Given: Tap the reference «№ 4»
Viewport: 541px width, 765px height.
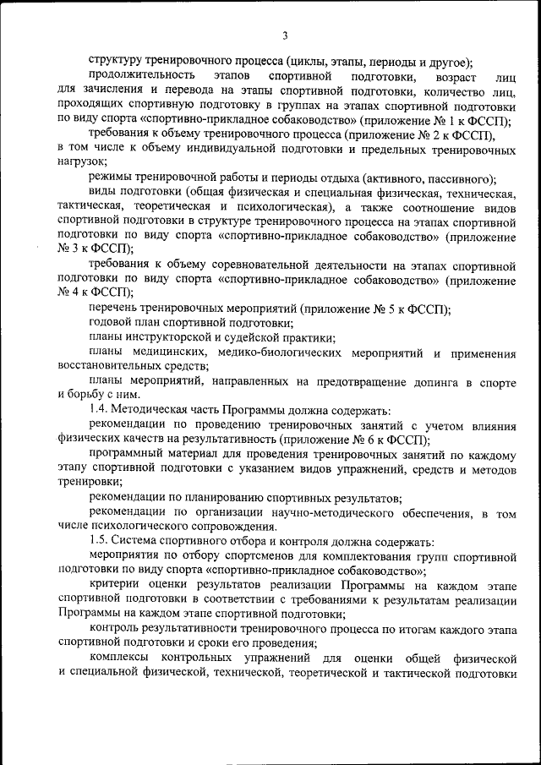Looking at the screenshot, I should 67,290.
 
